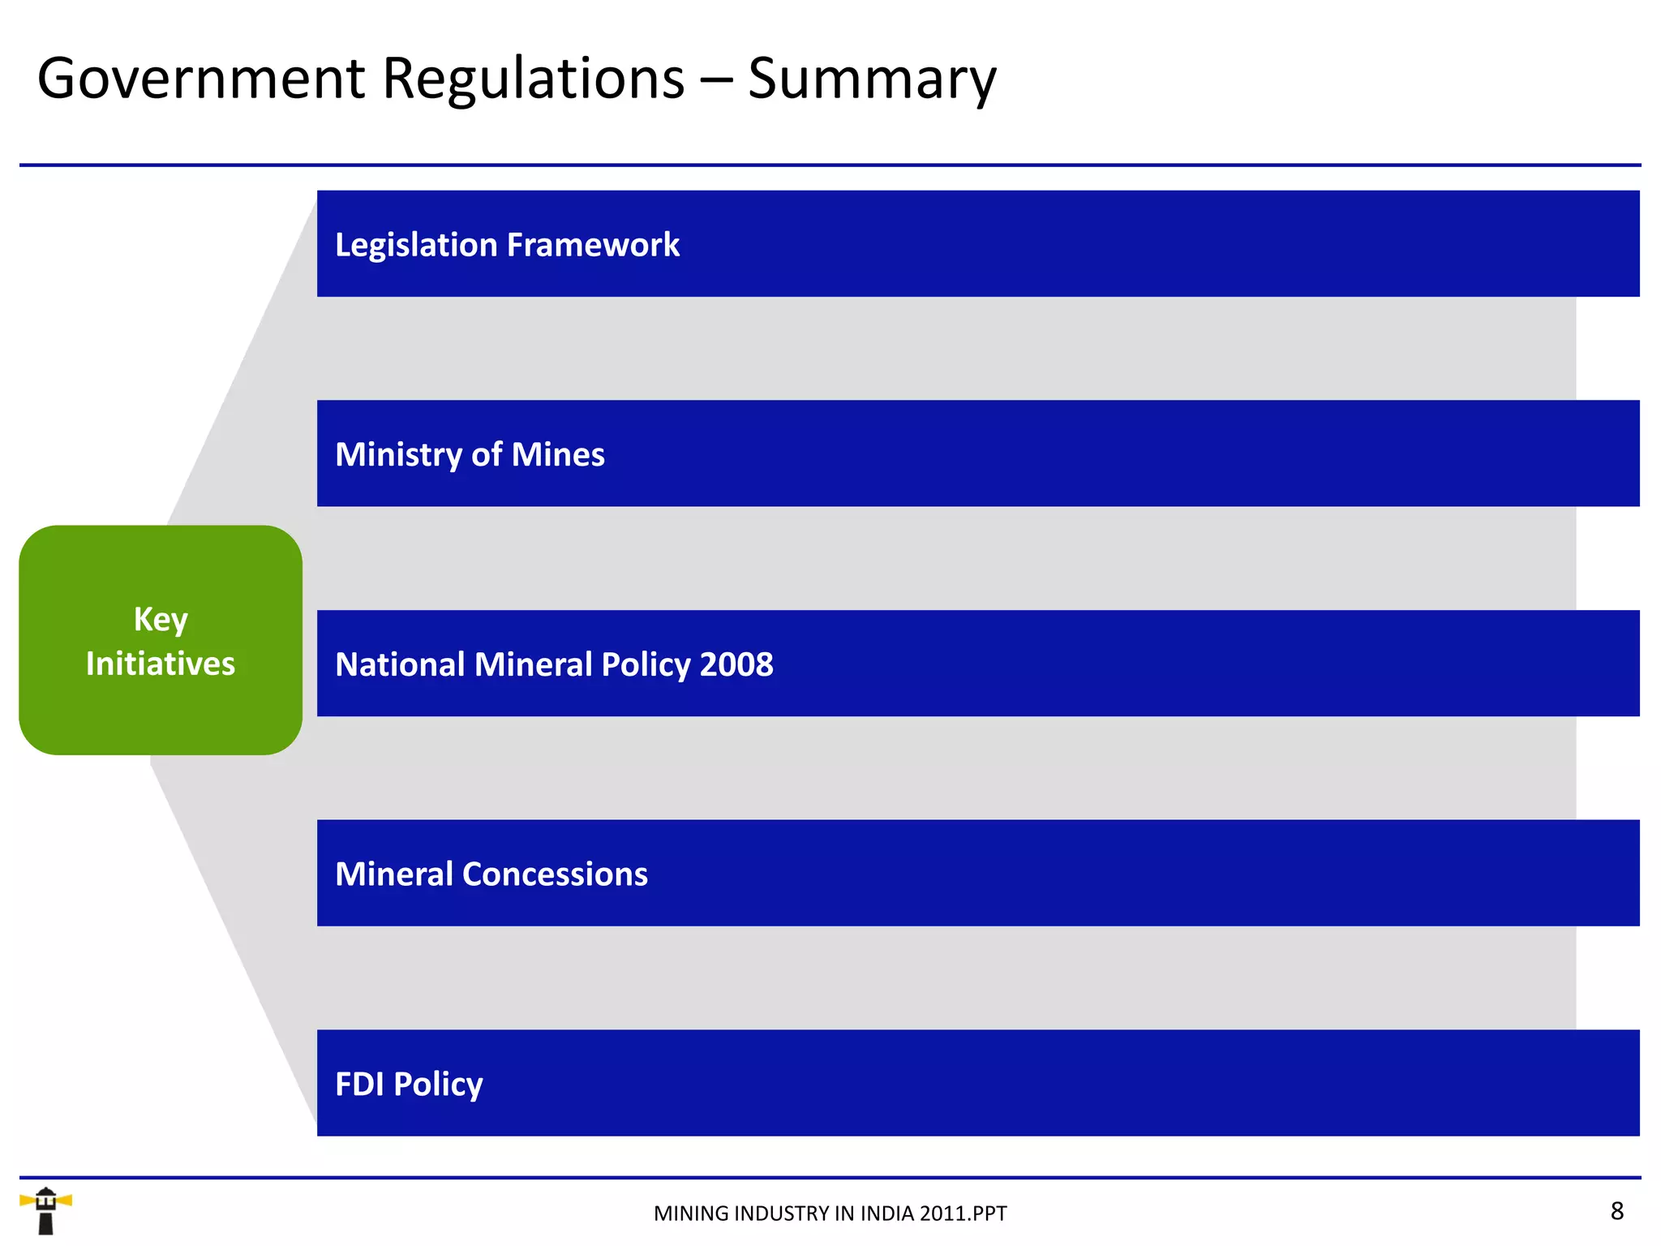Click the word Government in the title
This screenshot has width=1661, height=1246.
point(201,79)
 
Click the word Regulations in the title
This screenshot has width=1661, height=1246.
point(533,79)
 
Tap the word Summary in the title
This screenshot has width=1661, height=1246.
point(872,80)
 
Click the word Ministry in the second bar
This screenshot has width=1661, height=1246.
point(398,454)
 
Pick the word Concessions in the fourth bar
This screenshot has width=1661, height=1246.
point(555,874)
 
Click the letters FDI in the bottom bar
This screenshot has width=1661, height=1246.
point(359,1084)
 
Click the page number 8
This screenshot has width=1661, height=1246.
point(1616,1211)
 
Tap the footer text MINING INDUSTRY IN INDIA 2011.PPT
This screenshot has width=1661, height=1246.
point(830,1214)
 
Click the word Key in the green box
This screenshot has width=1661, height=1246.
point(161,620)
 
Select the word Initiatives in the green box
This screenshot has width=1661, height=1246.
point(161,664)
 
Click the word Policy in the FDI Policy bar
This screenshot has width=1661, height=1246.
point(438,1085)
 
